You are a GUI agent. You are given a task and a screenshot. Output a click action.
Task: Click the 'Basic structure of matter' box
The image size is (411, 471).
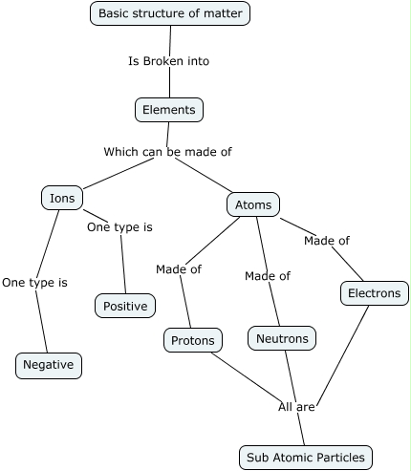pyautogui.click(x=170, y=13)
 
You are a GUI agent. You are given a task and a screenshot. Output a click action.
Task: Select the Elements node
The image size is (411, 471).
pyautogui.click(x=169, y=110)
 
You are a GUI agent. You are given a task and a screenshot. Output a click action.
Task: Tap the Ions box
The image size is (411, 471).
pyautogui.click(x=62, y=199)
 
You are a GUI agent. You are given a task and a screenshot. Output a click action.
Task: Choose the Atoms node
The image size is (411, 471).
pyautogui.click(x=253, y=204)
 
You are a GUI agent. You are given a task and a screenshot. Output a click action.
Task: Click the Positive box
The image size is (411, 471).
pyautogui.click(x=125, y=306)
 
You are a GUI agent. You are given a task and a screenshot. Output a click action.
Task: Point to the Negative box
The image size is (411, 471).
pyautogui.click(x=49, y=365)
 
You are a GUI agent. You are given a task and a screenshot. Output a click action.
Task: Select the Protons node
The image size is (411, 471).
pyautogui.click(x=193, y=339)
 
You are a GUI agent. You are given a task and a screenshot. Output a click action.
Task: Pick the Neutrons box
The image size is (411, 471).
pyautogui.click(x=282, y=338)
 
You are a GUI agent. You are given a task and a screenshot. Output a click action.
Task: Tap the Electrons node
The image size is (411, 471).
pyautogui.click(x=375, y=293)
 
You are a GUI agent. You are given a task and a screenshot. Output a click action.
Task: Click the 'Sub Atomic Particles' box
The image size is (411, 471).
pyautogui.click(x=306, y=458)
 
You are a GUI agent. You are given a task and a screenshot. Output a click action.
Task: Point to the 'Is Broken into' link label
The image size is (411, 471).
pyautogui.click(x=168, y=61)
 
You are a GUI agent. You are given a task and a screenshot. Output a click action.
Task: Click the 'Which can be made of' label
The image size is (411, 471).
pyautogui.click(x=167, y=152)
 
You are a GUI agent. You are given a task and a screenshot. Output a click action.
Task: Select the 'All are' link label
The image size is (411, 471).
pyautogui.click(x=296, y=407)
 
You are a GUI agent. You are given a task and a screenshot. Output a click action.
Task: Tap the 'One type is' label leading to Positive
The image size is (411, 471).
pyautogui.click(x=119, y=227)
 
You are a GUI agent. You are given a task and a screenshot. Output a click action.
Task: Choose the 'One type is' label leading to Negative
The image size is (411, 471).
pyautogui.click(x=34, y=283)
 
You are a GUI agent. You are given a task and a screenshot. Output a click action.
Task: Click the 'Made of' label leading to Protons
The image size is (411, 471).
pyautogui.click(x=179, y=269)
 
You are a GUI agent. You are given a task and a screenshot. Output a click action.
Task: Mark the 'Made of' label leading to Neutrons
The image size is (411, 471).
pyautogui.click(x=268, y=276)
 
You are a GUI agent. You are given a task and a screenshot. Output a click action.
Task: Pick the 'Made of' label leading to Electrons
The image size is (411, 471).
pyautogui.click(x=327, y=241)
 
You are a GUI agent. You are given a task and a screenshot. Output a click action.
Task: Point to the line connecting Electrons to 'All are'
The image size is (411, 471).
pyautogui.click(x=344, y=353)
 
